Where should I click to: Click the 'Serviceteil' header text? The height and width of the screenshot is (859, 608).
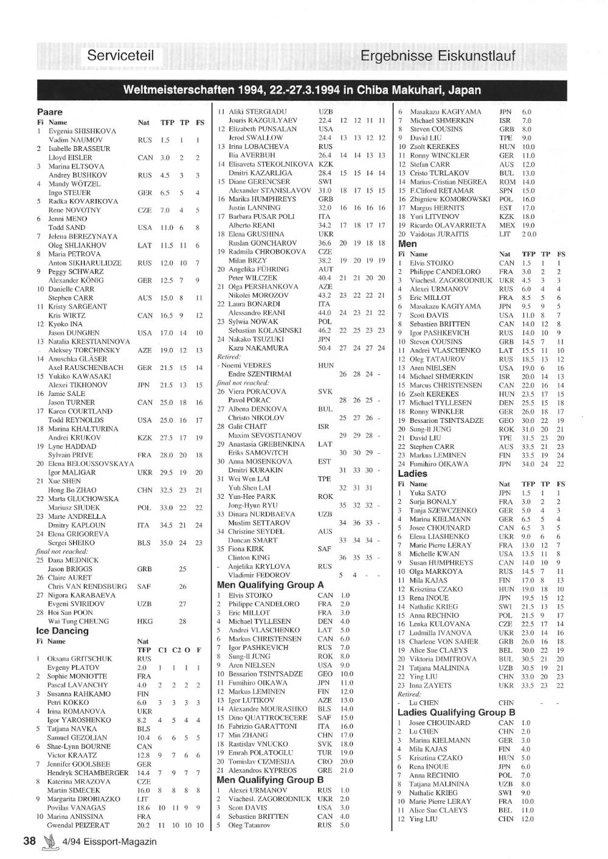tap(120, 57)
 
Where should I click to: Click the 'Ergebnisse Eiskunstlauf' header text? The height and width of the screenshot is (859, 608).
tap(438, 57)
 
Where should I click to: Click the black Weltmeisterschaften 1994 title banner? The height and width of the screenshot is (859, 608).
tap(302, 90)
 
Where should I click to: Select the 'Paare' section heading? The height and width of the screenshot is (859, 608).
tap(50, 112)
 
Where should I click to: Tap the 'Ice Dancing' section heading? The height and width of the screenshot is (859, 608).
tap(62, 631)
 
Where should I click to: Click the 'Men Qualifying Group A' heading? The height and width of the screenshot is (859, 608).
tap(270, 585)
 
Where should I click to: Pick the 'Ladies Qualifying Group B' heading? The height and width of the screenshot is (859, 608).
tap(457, 712)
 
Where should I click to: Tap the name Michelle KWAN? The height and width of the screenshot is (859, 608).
tap(434, 554)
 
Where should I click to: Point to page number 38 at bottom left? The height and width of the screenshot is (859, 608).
tap(29, 841)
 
